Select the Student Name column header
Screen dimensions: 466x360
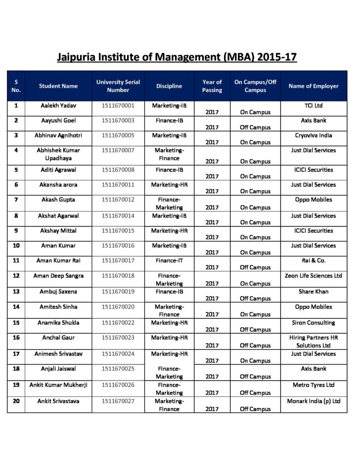pyautogui.click(x=58, y=86)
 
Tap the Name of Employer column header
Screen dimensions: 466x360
pyautogui.click(x=314, y=86)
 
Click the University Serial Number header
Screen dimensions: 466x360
pyautogui.click(x=118, y=86)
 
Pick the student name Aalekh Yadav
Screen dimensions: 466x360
pyautogui.click(x=58, y=106)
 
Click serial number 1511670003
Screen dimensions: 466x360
pyautogui.click(x=118, y=121)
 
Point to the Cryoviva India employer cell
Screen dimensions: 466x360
pyautogui.click(x=314, y=135)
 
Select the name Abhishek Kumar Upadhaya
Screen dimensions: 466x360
pyautogui.click(x=58, y=154)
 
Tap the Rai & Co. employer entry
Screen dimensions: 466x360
pyautogui.click(x=314, y=260)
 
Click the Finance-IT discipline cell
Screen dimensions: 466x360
pyautogui.click(x=169, y=260)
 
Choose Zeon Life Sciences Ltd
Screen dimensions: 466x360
pyautogui.click(x=314, y=275)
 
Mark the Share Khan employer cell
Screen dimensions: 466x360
pyautogui.click(x=314, y=291)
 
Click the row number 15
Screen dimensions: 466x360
pyautogui.click(x=16, y=323)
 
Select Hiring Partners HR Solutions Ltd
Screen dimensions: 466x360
pyautogui.click(x=314, y=341)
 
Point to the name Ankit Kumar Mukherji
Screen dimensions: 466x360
pyautogui.click(x=58, y=385)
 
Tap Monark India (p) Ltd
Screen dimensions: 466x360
pyautogui.click(x=314, y=401)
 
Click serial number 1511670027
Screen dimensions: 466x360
pyautogui.click(x=118, y=401)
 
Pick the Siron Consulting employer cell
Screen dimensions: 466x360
pyautogui.click(x=314, y=323)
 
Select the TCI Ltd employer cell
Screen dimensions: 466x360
pyautogui.click(x=314, y=106)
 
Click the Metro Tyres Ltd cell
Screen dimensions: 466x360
pyautogui.click(x=314, y=385)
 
